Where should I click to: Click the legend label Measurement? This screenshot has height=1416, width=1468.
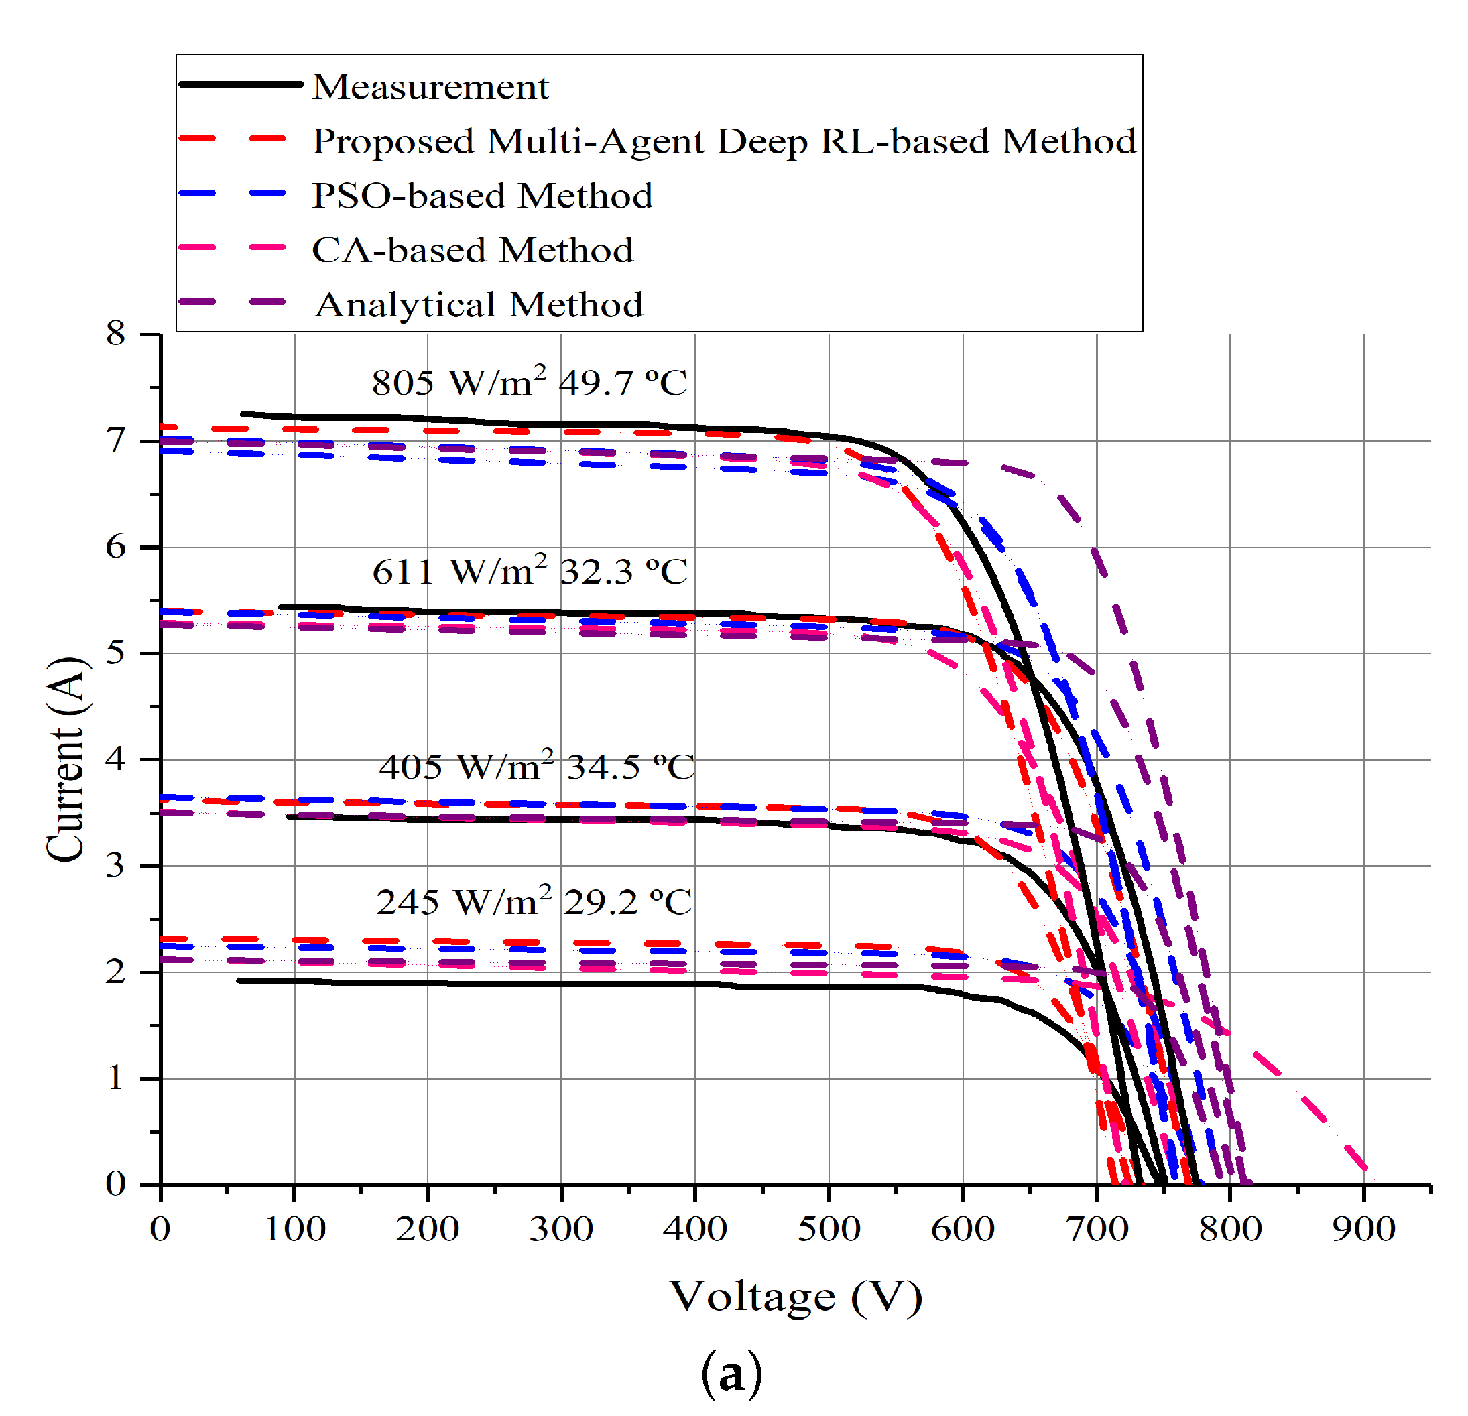pos(430,88)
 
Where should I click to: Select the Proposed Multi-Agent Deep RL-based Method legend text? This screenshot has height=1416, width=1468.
pos(723,141)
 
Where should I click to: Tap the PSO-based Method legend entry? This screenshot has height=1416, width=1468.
pos(481,196)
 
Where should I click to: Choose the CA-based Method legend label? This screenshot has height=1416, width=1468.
pos(472,250)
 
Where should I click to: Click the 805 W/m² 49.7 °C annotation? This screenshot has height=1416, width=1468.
pos(529,383)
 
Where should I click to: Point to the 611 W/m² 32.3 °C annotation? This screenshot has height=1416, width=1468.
pos(529,572)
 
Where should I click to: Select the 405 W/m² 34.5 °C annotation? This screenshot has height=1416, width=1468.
pos(536,766)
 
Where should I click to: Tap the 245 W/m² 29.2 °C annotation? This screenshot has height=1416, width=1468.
pos(534,901)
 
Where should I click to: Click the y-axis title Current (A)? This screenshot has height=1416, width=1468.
pos(65,759)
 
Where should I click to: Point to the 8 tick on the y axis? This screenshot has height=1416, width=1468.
pos(115,334)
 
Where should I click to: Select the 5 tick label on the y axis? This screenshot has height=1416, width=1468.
pos(115,653)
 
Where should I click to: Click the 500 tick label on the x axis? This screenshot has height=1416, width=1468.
pos(829,1229)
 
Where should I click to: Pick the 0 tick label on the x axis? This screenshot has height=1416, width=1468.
pos(160,1229)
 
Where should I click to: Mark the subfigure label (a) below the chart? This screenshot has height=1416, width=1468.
pos(731,1374)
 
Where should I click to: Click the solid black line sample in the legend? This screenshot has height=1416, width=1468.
pos(241,84)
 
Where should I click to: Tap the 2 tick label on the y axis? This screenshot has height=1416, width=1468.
pos(115,972)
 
